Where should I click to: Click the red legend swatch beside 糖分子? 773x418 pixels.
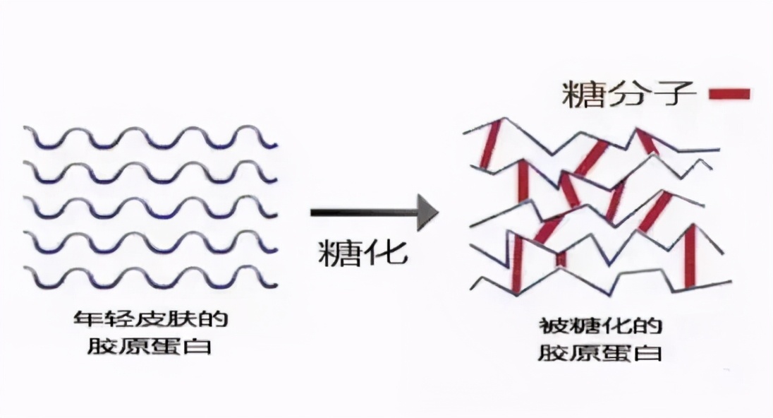pos(729,94)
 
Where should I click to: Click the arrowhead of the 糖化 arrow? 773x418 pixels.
pos(427,211)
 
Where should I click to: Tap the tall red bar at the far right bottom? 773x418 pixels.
pos(690,256)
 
